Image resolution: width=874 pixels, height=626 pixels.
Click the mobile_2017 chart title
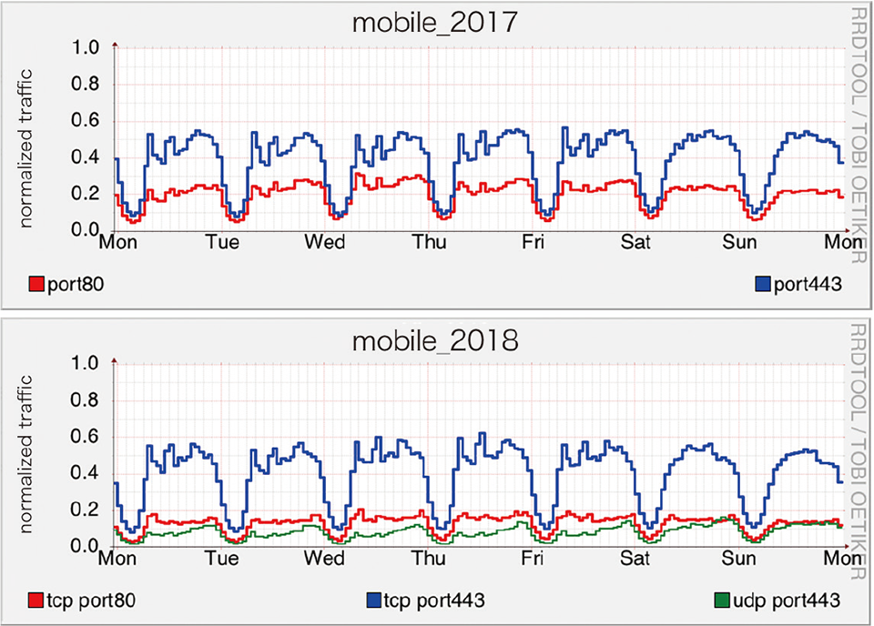click(x=434, y=23)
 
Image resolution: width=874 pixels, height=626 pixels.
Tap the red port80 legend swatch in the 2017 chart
click(x=37, y=285)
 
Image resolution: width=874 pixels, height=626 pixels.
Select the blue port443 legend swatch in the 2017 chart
click(x=764, y=285)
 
